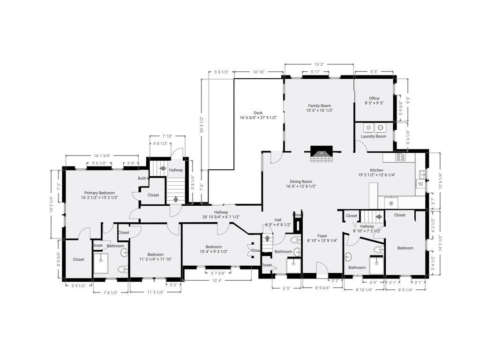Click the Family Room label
[319, 106]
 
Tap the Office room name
[374, 98]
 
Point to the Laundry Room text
[374, 136]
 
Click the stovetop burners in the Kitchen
[401, 157]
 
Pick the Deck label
[258, 112]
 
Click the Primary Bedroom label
[99, 193]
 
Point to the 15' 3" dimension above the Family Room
[319, 65]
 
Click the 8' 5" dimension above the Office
[374, 72]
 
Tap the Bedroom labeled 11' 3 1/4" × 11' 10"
[155, 255]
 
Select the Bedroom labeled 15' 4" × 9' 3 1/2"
[217, 247]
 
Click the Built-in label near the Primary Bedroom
[143, 178]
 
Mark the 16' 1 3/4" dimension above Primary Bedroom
[102, 156]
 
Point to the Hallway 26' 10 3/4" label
[221, 212]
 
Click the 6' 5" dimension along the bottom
[286, 289]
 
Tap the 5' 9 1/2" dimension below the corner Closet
[78, 285]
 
